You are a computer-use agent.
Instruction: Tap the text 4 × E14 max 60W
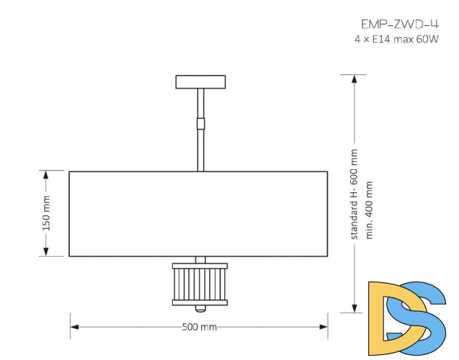[396, 39]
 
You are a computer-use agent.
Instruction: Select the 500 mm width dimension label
[200, 327]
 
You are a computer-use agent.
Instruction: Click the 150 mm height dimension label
[47, 213]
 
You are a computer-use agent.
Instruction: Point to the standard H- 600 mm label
[354, 194]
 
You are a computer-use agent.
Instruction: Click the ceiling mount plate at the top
[201, 81]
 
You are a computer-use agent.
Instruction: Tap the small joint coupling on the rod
[201, 122]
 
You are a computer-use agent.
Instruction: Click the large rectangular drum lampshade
[198, 213]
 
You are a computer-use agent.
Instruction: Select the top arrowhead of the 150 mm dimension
[47, 175]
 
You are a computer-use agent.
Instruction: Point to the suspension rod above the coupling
[201, 102]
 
